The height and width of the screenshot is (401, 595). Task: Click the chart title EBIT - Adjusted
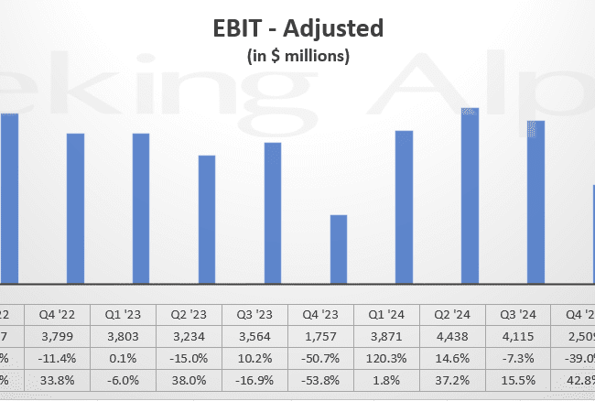(x=297, y=28)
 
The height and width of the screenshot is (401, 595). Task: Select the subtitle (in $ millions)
(x=297, y=57)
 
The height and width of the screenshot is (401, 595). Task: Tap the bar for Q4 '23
(x=339, y=249)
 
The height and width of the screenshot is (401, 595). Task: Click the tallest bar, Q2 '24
(x=470, y=196)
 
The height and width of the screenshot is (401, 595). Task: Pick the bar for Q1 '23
(x=141, y=209)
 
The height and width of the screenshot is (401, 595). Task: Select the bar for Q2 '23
(x=207, y=220)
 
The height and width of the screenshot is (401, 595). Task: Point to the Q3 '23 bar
(x=273, y=213)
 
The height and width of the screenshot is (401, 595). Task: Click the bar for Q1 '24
(x=405, y=207)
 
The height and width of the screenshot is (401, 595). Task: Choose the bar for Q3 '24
(x=535, y=202)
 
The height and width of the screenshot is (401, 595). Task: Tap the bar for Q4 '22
(x=75, y=209)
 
